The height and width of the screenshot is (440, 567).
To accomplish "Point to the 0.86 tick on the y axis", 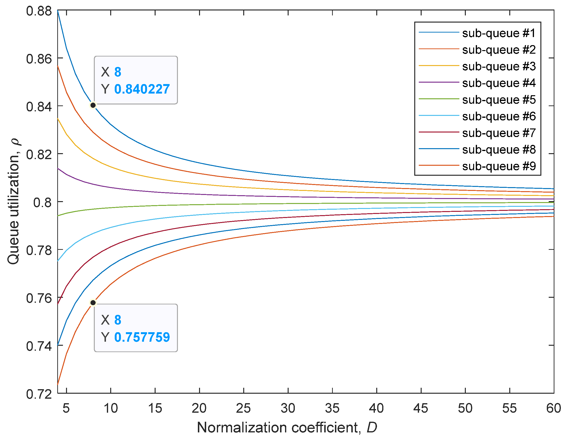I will (39, 59).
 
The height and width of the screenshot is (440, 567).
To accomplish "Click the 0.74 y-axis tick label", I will (39, 346).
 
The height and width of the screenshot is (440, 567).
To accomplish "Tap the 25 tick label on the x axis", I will (243, 408).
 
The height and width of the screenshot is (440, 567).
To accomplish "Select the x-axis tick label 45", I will (421, 408).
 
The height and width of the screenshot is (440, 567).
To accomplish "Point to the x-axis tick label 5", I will (66, 408).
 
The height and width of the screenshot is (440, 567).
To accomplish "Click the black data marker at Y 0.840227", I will (93, 105).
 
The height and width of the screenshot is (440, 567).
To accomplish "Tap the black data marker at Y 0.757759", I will (93, 303).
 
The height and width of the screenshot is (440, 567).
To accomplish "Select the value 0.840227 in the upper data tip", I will (142, 89).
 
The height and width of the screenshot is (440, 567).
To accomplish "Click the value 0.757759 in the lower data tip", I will (142, 337).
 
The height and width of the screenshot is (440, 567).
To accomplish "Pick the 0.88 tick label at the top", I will (39, 11).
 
